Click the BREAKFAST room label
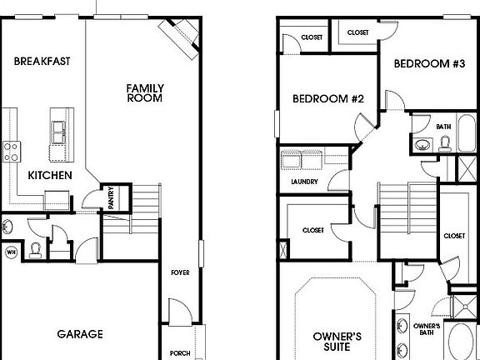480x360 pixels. point(41,61)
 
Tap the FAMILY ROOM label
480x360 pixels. point(144,92)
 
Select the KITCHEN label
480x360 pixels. point(49,175)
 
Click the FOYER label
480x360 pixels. point(180,272)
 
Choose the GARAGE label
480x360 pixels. point(80,334)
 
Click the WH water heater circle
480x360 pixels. point(12,252)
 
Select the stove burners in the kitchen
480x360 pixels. point(12,151)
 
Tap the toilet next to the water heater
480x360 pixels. point(35,248)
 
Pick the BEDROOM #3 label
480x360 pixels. point(429,63)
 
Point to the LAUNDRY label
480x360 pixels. point(304,181)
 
